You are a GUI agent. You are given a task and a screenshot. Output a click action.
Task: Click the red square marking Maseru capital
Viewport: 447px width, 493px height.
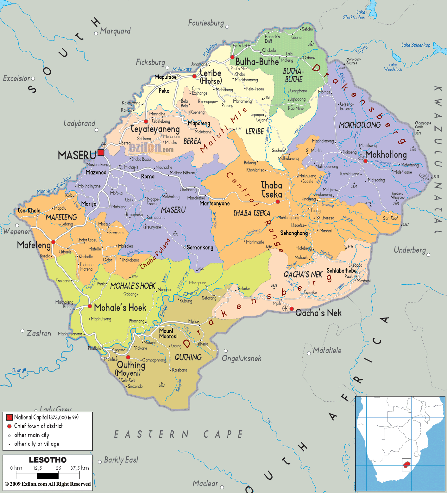[x=101, y=152]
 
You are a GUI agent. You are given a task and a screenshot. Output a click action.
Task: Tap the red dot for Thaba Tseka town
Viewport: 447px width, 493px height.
[x=278, y=202]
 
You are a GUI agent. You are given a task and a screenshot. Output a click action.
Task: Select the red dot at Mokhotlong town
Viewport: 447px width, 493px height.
[x=365, y=161]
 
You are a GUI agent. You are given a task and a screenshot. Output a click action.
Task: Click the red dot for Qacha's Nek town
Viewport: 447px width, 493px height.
[x=292, y=309]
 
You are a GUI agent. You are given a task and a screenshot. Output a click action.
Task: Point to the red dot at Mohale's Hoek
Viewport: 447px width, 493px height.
[x=90, y=306]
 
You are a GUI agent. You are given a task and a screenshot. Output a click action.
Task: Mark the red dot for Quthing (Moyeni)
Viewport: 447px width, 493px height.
[x=128, y=357]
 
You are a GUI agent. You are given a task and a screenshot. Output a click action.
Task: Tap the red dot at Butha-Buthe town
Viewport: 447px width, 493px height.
[x=232, y=57]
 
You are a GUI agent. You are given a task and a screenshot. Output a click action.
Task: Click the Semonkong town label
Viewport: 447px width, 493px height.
[x=200, y=248]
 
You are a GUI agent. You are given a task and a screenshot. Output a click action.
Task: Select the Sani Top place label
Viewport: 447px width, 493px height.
[x=390, y=218]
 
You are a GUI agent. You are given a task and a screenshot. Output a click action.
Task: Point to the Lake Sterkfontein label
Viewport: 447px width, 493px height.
[x=355, y=15]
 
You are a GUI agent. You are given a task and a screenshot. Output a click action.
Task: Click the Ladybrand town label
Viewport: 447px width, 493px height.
[x=79, y=123]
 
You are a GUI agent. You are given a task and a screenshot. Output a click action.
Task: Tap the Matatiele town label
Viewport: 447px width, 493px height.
[x=327, y=350]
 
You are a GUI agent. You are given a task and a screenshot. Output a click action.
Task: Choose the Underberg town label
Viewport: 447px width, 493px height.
[x=410, y=250]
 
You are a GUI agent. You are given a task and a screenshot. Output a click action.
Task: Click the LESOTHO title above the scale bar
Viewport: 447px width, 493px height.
[x=48, y=460]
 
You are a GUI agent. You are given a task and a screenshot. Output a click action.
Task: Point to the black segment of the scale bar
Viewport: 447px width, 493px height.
[x=48, y=476]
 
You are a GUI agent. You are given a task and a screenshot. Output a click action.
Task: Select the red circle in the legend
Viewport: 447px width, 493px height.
[x=9, y=426]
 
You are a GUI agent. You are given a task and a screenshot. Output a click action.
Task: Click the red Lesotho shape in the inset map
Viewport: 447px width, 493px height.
[x=407, y=465]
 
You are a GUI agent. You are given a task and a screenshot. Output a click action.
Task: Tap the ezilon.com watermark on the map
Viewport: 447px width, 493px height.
[x=151, y=148]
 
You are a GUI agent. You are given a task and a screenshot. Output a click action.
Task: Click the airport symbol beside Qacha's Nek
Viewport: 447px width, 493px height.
[x=285, y=308]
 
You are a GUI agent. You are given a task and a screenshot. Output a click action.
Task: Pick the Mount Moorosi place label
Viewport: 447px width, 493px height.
[x=168, y=334]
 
